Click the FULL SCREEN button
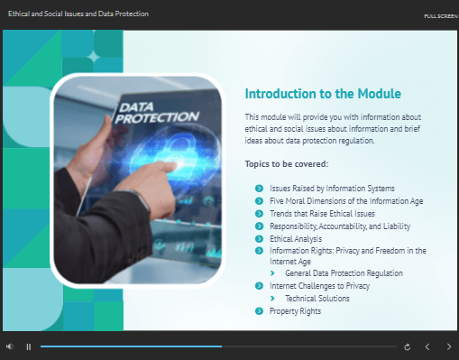coord(441,16)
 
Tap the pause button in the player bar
coord(29,347)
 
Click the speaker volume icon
coord(10,346)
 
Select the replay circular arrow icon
coord(408,347)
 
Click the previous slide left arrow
coord(427,347)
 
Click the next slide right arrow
coord(449,347)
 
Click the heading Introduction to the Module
coord(323,94)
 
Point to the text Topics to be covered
coord(287,164)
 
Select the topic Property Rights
coord(295,311)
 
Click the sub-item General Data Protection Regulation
coord(344,273)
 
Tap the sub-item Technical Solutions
coord(317,299)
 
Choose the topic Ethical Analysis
coord(296,239)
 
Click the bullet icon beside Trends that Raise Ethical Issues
coord(259,214)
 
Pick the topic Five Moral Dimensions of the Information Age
coord(346,201)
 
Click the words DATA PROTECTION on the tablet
coord(156,113)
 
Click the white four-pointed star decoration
coord(94,57)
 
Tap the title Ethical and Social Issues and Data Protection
coord(78,14)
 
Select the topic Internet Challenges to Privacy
coord(319,286)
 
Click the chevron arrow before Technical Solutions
coord(272,299)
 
